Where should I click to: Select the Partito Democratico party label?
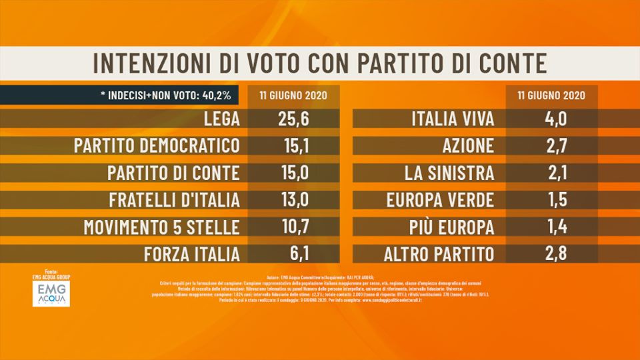point(157,147)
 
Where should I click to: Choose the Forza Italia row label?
point(191,254)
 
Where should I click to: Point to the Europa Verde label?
point(441,200)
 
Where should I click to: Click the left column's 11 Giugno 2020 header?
point(293,95)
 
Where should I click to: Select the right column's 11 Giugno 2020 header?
point(551,95)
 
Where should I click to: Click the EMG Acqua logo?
point(51,293)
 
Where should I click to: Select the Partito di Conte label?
point(173,173)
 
